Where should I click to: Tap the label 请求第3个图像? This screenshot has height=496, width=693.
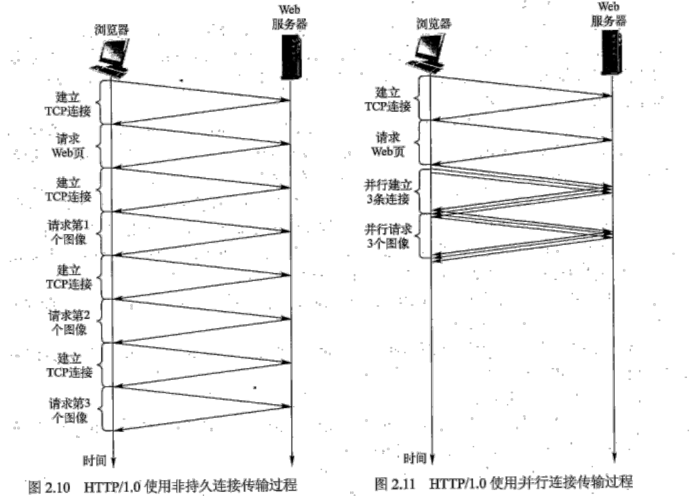pyautogui.click(x=69, y=409)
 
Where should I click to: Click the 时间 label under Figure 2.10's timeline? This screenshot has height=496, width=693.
pyautogui.click(x=93, y=460)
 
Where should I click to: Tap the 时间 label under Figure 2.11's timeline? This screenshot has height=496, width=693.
pyautogui.click(x=414, y=458)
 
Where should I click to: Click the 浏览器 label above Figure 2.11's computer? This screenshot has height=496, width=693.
pyautogui.click(x=434, y=24)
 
